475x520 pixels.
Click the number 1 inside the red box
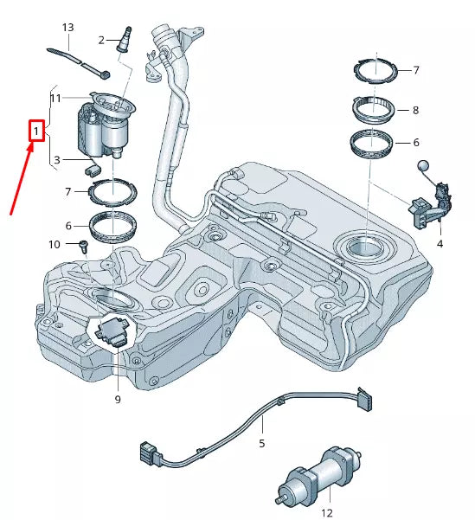pos(35,132)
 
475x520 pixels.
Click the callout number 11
pos(55,99)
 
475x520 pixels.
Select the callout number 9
pos(117,399)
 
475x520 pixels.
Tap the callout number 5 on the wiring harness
pos(261,443)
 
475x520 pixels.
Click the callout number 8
pos(415,111)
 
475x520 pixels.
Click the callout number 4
pos(440,245)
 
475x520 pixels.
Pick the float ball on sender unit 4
pos(423,167)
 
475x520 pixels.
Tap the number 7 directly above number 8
pos(415,70)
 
